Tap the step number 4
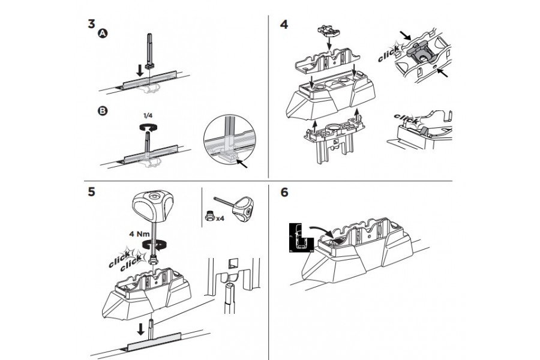(284, 25)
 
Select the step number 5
(91, 193)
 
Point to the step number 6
(284, 193)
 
